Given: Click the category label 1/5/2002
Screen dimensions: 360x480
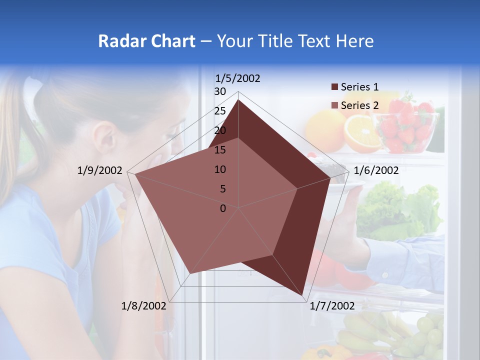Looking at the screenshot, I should [237, 78].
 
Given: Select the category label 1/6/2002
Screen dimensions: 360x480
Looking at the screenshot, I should [376, 170].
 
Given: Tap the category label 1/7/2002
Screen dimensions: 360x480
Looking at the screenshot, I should [332, 306].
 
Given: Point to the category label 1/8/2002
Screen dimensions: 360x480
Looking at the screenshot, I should [144, 306].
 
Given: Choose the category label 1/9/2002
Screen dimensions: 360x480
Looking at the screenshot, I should [100, 170].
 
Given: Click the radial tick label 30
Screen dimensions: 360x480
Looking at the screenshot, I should [220, 91].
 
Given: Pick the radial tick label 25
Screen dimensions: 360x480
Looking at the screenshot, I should [220, 111].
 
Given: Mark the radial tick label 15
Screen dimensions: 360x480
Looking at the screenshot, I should [220, 150].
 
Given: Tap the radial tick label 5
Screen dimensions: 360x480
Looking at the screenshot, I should [222, 189].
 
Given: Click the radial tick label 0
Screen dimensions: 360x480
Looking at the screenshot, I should [223, 208].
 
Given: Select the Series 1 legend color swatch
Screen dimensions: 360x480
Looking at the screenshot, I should [334, 87].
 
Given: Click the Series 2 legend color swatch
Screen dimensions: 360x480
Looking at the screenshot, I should [334, 105].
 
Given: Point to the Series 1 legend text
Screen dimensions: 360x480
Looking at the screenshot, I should [359, 87].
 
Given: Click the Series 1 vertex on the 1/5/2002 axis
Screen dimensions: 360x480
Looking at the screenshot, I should [238, 100].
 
